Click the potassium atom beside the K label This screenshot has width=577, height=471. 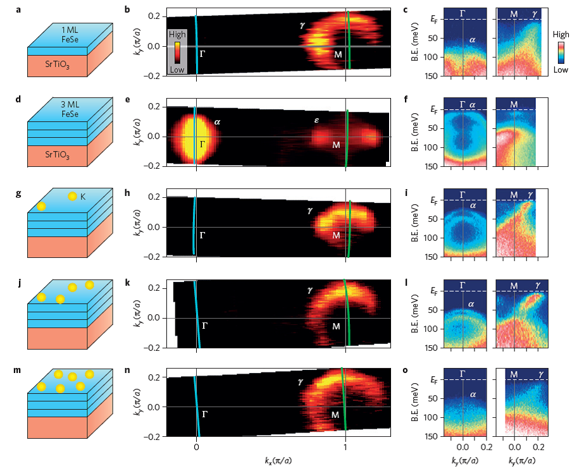tap(72, 197)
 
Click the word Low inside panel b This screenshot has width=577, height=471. tap(177, 70)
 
